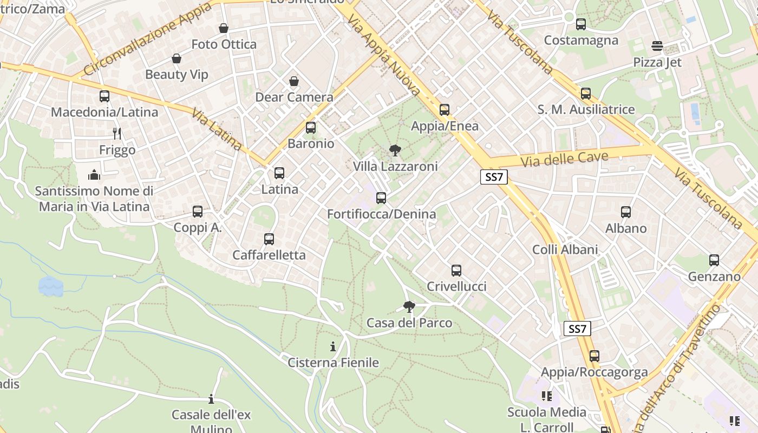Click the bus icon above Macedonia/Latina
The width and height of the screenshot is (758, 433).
[x=104, y=96]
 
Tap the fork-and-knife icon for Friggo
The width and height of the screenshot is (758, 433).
[x=117, y=133]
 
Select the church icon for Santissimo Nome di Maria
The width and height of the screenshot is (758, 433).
[x=94, y=175]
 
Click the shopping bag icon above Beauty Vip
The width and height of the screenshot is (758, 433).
[x=176, y=58]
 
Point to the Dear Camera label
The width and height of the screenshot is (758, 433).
[x=294, y=97]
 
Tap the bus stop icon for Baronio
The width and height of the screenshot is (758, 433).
[x=311, y=128]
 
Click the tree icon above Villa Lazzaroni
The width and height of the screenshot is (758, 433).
[x=395, y=150]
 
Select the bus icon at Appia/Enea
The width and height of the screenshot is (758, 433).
[x=445, y=110]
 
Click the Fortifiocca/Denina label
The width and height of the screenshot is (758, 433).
[x=381, y=214]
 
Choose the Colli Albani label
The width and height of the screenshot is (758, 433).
[x=565, y=250]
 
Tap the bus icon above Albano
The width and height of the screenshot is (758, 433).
[x=626, y=212]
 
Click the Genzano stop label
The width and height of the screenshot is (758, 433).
[x=714, y=277]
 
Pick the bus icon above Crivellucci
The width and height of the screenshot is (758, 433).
[x=456, y=271]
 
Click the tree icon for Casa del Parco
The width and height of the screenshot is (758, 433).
[x=409, y=307]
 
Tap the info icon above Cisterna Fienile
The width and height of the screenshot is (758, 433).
[x=333, y=346]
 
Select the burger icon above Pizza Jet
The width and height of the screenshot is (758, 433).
[x=657, y=46]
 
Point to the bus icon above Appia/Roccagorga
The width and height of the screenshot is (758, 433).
[x=594, y=356]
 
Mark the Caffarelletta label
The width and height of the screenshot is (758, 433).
[x=269, y=255]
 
